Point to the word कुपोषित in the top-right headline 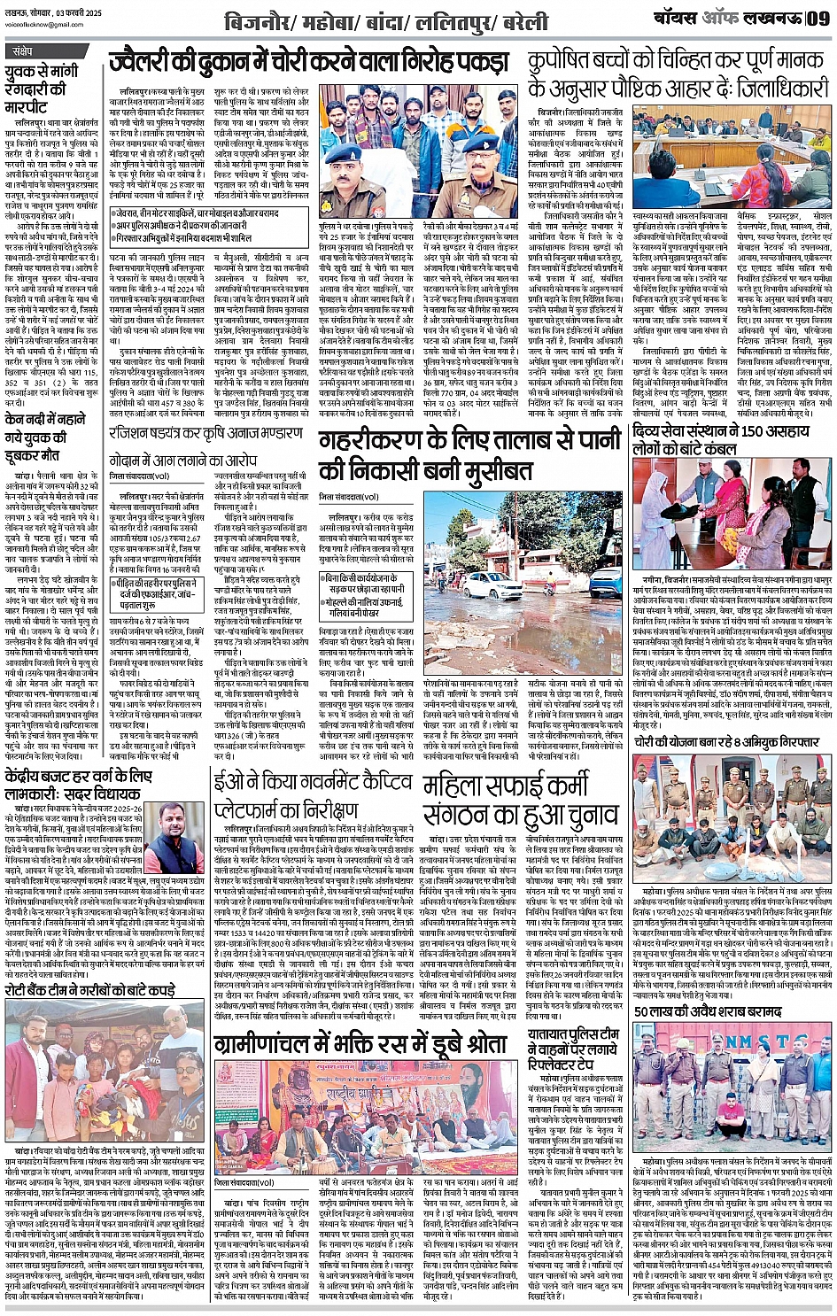pos(568,62)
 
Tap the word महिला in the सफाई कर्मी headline pos(457,785)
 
